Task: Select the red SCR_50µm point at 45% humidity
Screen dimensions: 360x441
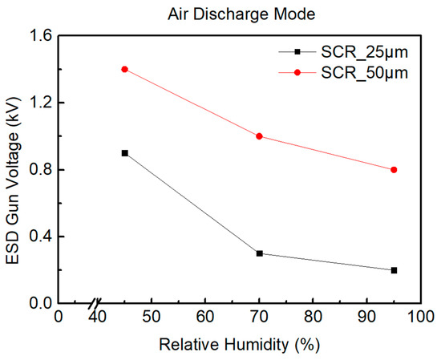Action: pyautogui.click(x=124, y=69)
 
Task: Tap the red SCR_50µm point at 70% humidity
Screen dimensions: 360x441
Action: pyautogui.click(x=259, y=136)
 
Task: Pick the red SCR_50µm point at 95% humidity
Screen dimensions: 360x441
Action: pyautogui.click(x=394, y=170)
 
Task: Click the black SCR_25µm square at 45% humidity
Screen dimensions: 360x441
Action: pyautogui.click(x=124, y=153)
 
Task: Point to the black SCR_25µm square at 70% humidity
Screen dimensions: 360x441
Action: pyautogui.click(x=259, y=253)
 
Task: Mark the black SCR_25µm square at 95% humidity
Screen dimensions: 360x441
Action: pyautogui.click(x=394, y=270)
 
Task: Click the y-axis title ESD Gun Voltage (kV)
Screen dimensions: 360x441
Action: pyautogui.click(x=14, y=169)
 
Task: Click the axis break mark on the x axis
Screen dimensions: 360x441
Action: pyautogui.click(x=95, y=304)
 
